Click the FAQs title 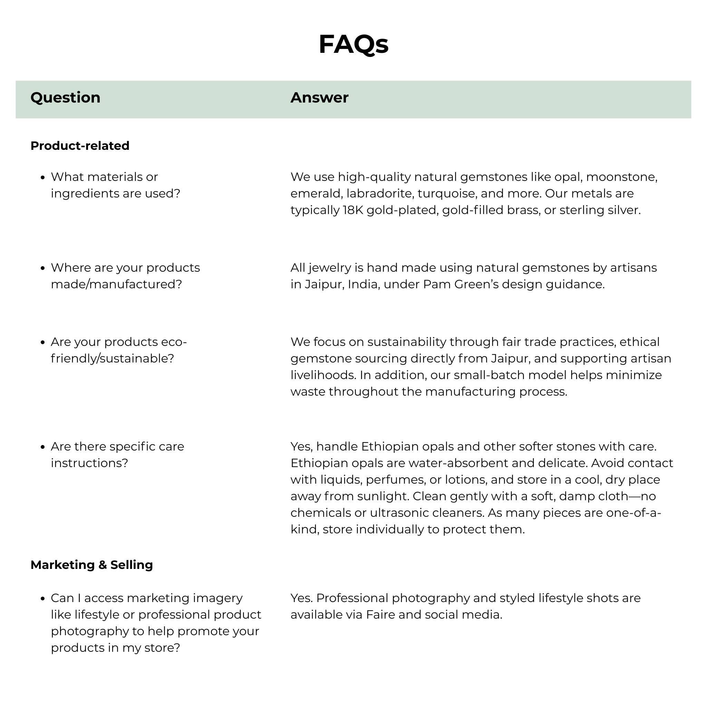pyautogui.click(x=353, y=44)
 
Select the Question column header pyautogui.click(x=65, y=98)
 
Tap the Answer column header pyautogui.click(x=319, y=98)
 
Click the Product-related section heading pyautogui.click(x=80, y=146)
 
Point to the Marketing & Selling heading pyautogui.click(x=91, y=565)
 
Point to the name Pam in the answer pyautogui.click(x=437, y=284)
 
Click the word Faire pyautogui.click(x=380, y=615)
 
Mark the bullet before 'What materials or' pyautogui.click(x=43, y=177)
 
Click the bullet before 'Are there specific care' pyautogui.click(x=43, y=447)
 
